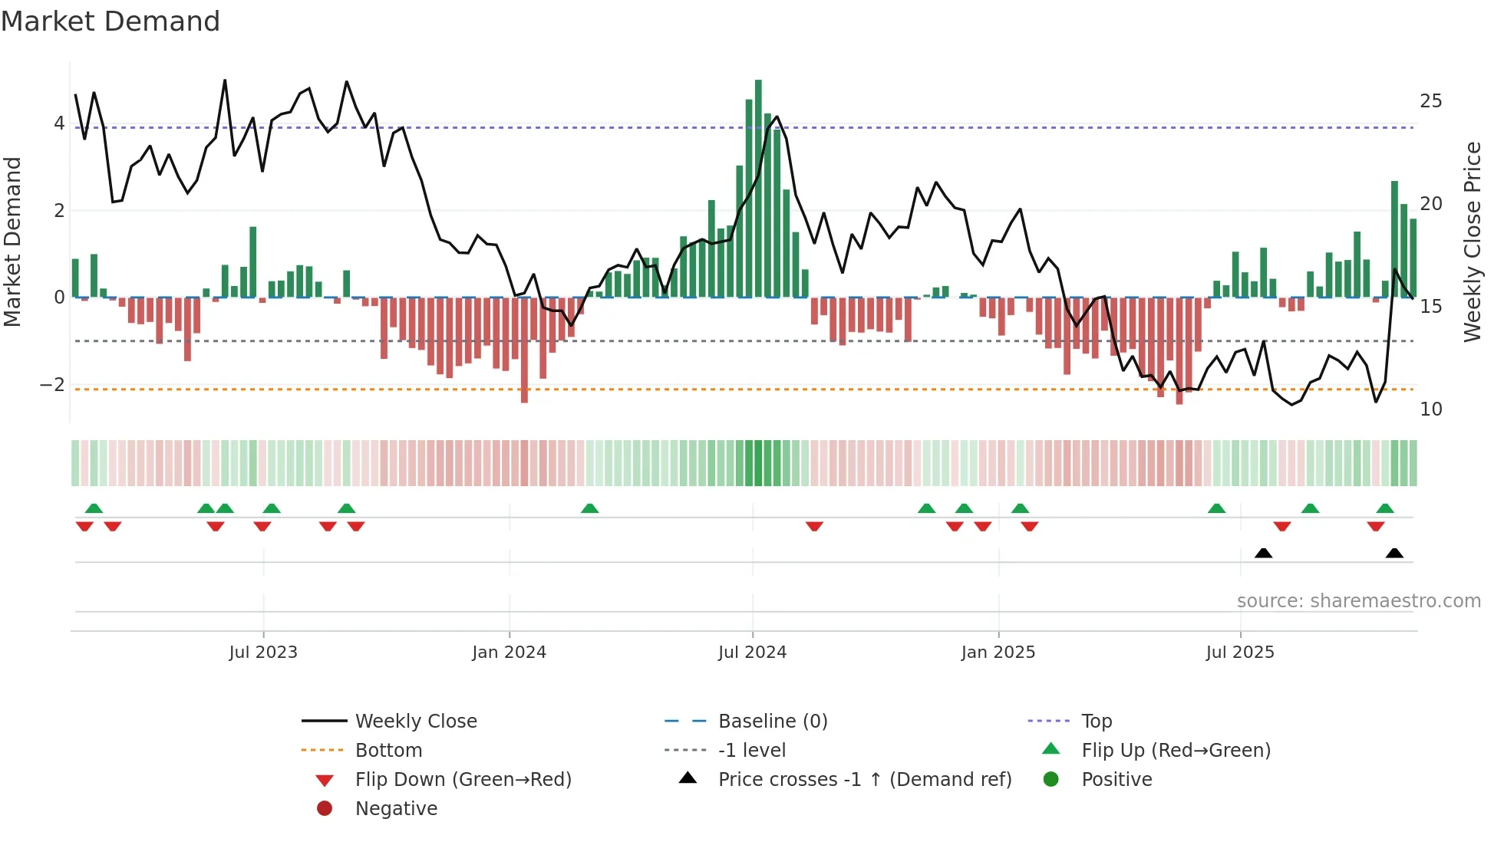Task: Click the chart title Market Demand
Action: [x=110, y=21]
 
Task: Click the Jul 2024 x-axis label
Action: [x=752, y=653]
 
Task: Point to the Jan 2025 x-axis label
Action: [x=998, y=653]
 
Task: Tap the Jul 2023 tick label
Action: [x=263, y=653]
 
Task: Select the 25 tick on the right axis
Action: [x=1430, y=101]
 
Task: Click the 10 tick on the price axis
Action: [x=1430, y=409]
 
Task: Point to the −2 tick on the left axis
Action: [x=52, y=385]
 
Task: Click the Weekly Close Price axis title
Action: [x=1472, y=242]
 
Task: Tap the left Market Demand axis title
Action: [x=12, y=242]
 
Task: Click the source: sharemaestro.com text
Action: [x=1358, y=601]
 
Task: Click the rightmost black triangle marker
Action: [x=1394, y=554]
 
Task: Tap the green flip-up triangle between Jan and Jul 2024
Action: [x=589, y=508]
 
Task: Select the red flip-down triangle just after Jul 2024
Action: [x=814, y=526]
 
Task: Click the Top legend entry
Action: [x=1096, y=722]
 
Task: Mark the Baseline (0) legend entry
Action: [x=772, y=722]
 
